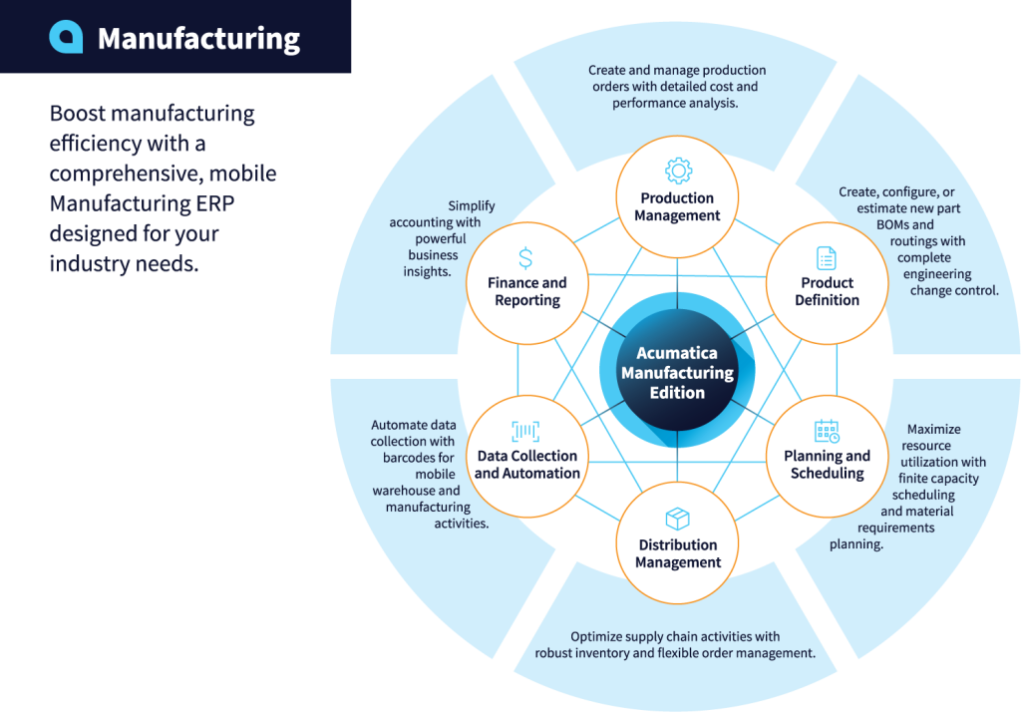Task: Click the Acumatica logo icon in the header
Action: [66, 37]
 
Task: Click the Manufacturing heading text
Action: [198, 39]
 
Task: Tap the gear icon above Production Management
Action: [678, 170]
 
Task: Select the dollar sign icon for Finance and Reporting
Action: [525, 258]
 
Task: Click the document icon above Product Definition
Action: [827, 258]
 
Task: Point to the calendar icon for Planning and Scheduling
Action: [827, 431]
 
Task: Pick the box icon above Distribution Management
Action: [678, 519]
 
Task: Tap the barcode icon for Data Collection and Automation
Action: [525, 431]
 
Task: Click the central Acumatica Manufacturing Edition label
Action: [677, 373]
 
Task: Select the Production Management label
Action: [678, 206]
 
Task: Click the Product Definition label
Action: [827, 291]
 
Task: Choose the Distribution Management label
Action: [678, 553]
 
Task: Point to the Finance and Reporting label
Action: [526, 291]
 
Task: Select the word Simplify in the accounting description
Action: [471, 206]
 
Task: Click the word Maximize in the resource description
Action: [933, 430]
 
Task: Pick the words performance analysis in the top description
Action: [675, 103]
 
